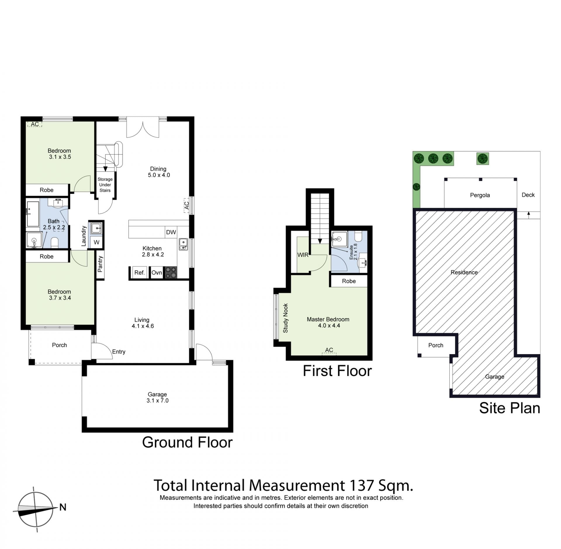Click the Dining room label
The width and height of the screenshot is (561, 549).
pyautogui.click(x=158, y=169)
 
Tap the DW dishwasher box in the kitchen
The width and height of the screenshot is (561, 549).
pyautogui.click(x=171, y=232)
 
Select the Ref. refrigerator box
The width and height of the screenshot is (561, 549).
pyautogui.click(x=140, y=273)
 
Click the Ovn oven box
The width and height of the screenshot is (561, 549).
pyautogui.click(x=157, y=273)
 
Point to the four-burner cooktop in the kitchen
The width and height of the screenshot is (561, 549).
pyautogui.click(x=171, y=273)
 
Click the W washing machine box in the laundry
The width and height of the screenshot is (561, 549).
pyautogui.click(x=96, y=242)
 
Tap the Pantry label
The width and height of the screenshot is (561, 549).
pyautogui.click(x=100, y=264)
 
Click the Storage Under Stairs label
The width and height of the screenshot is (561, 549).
pyautogui.click(x=105, y=185)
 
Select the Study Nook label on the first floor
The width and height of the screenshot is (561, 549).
pyautogui.click(x=285, y=318)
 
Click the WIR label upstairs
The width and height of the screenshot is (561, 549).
pyautogui.click(x=303, y=255)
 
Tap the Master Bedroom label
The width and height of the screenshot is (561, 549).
pyautogui.click(x=328, y=319)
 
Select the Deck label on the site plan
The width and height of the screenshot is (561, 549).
pyautogui.click(x=528, y=195)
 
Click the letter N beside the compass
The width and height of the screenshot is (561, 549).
pyautogui.click(x=63, y=507)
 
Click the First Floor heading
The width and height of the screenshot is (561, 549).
pyautogui.click(x=337, y=371)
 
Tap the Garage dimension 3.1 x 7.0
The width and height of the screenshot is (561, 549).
pyautogui.click(x=157, y=401)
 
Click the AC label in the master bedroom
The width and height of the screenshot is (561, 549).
pyautogui.click(x=329, y=350)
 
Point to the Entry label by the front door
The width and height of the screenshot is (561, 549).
pyautogui.click(x=119, y=352)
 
